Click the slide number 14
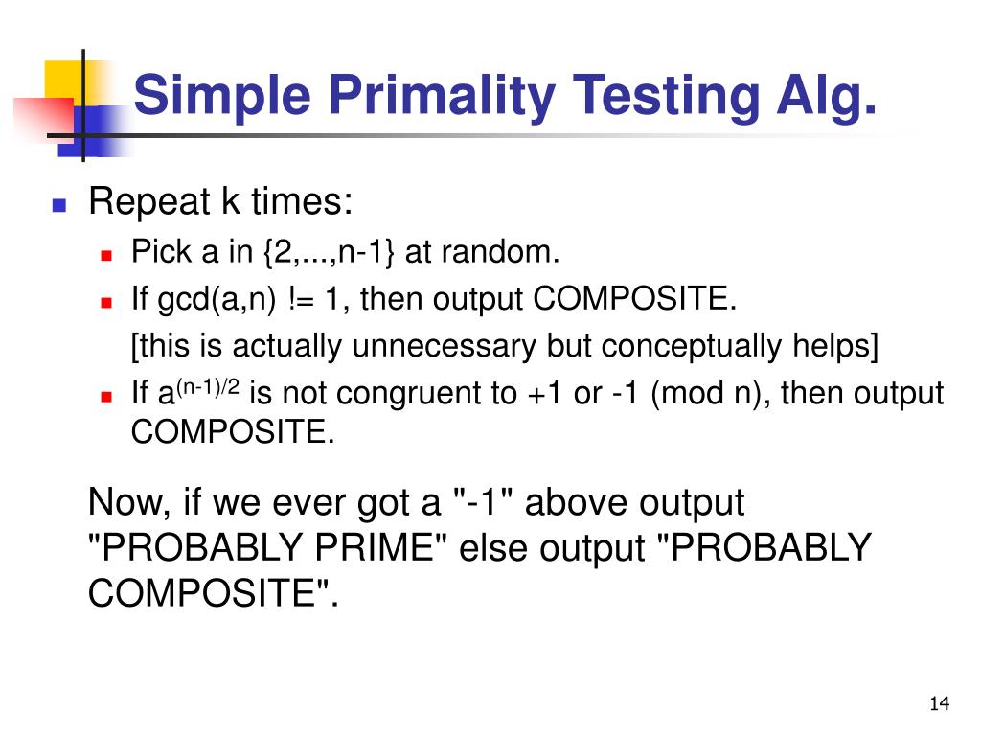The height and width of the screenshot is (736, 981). [938, 705]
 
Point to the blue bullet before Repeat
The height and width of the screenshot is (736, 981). [59, 204]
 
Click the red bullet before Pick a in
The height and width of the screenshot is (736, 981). [107, 255]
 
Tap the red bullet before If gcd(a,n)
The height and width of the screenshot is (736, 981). [107, 301]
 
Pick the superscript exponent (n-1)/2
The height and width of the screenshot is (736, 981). [206, 385]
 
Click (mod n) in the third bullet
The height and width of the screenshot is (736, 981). [710, 393]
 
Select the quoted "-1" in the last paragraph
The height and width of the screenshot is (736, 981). [483, 501]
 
